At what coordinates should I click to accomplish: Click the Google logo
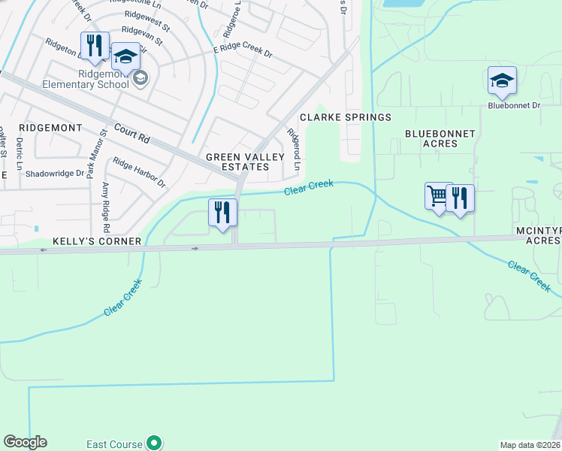click(x=25, y=442)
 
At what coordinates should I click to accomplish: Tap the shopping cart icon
click(x=438, y=197)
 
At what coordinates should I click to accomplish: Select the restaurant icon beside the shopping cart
click(x=460, y=198)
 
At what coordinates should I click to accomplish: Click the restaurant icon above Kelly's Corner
click(x=222, y=212)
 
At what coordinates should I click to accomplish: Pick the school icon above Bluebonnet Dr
click(x=502, y=80)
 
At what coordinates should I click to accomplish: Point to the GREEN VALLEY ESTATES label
click(x=245, y=162)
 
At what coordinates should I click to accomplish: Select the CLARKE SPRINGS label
click(x=346, y=117)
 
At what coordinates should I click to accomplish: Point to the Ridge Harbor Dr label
click(x=140, y=171)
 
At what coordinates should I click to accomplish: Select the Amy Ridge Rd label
click(x=106, y=207)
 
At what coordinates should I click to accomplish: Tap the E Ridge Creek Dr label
click(x=242, y=51)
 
